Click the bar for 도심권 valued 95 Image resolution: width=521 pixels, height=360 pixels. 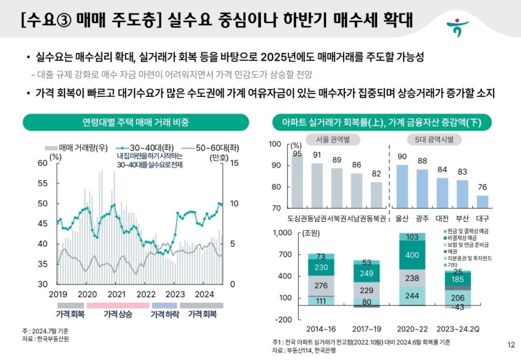[297, 183]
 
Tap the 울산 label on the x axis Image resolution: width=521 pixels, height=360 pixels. [402, 217]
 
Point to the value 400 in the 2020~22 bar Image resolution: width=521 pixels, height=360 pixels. [412, 255]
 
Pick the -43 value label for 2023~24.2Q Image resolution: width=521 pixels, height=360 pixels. [459, 307]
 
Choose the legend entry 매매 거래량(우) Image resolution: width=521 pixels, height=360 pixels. [78, 148]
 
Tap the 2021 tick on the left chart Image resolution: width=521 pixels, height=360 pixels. [116, 294]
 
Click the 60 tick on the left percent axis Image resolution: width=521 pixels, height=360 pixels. [42, 163]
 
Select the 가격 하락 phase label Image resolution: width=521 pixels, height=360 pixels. [164, 314]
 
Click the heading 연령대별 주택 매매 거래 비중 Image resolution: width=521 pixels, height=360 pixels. [135, 122]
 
